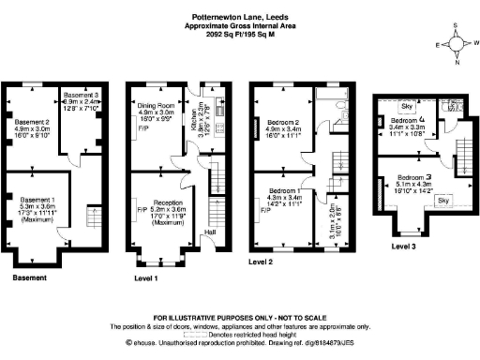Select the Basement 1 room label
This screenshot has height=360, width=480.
37,200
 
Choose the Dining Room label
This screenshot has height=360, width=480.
156,108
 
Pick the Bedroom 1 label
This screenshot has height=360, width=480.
286,190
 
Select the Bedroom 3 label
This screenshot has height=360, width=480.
413,178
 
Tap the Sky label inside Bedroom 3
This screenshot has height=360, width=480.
443,201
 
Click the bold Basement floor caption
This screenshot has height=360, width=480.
31,278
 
